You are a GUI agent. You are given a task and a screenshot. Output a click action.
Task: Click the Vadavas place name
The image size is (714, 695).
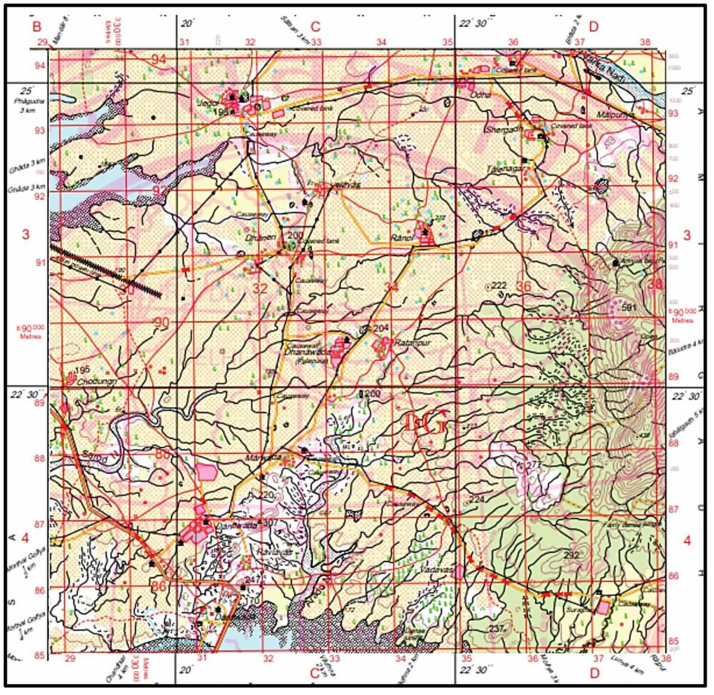pyautogui.click(x=437, y=570)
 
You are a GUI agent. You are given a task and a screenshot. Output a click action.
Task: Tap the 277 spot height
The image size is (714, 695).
pyautogui.click(x=534, y=465)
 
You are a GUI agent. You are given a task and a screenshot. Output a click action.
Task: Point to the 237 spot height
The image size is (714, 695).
pyautogui.click(x=497, y=629)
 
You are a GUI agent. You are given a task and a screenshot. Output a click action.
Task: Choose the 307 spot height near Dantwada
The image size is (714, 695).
pyautogui.click(x=271, y=522)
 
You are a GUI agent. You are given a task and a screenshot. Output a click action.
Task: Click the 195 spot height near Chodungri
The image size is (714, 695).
pyautogui.click(x=83, y=370)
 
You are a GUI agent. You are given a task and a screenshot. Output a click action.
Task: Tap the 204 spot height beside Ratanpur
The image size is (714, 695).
pyautogui.click(x=381, y=328)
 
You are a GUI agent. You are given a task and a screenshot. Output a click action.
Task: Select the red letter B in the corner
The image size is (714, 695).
pyautogui.click(x=37, y=27)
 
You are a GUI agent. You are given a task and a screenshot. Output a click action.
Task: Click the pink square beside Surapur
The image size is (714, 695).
pyautogui.click(x=603, y=607)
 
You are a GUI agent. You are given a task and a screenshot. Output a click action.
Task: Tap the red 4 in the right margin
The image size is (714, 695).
pyautogui.click(x=687, y=541)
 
